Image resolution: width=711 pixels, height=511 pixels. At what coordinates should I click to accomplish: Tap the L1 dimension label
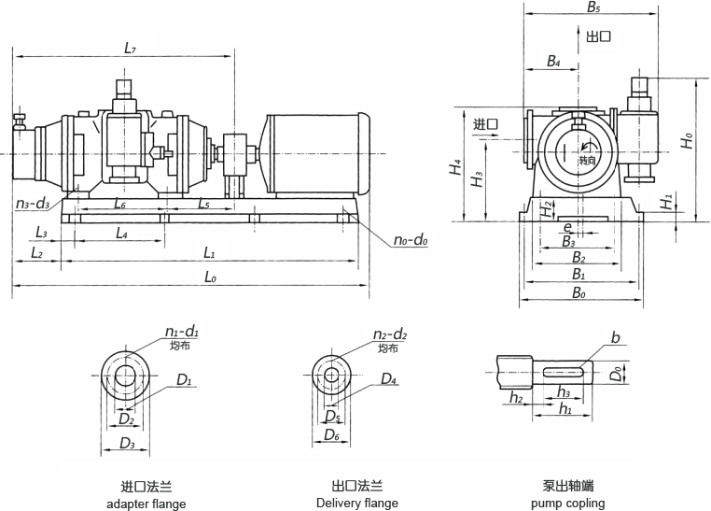(209, 253)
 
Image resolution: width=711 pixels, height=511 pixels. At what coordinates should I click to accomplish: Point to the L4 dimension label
(121, 234)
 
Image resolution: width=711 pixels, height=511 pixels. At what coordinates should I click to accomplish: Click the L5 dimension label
(203, 204)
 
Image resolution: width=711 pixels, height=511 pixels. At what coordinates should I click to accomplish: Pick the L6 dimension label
(119, 204)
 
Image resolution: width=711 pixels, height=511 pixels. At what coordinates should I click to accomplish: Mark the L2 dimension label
(36, 253)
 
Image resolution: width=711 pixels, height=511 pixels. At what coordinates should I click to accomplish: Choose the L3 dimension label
(41, 232)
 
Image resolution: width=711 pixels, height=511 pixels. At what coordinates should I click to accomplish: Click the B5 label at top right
(593, 7)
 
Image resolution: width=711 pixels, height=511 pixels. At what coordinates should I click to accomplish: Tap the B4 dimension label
(553, 62)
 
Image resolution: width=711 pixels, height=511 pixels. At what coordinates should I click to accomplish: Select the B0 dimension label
(579, 293)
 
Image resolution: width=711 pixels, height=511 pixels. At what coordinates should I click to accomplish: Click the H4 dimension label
(454, 167)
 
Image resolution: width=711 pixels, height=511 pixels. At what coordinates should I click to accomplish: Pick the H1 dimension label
(664, 203)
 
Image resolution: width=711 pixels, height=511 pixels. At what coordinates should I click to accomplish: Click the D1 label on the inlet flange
(184, 380)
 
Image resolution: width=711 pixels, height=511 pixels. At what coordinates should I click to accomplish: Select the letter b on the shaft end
(615, 338)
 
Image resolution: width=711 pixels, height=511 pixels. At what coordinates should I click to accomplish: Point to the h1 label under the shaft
(565, 409)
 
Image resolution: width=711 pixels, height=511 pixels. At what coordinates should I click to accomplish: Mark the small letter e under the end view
(568, 227)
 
